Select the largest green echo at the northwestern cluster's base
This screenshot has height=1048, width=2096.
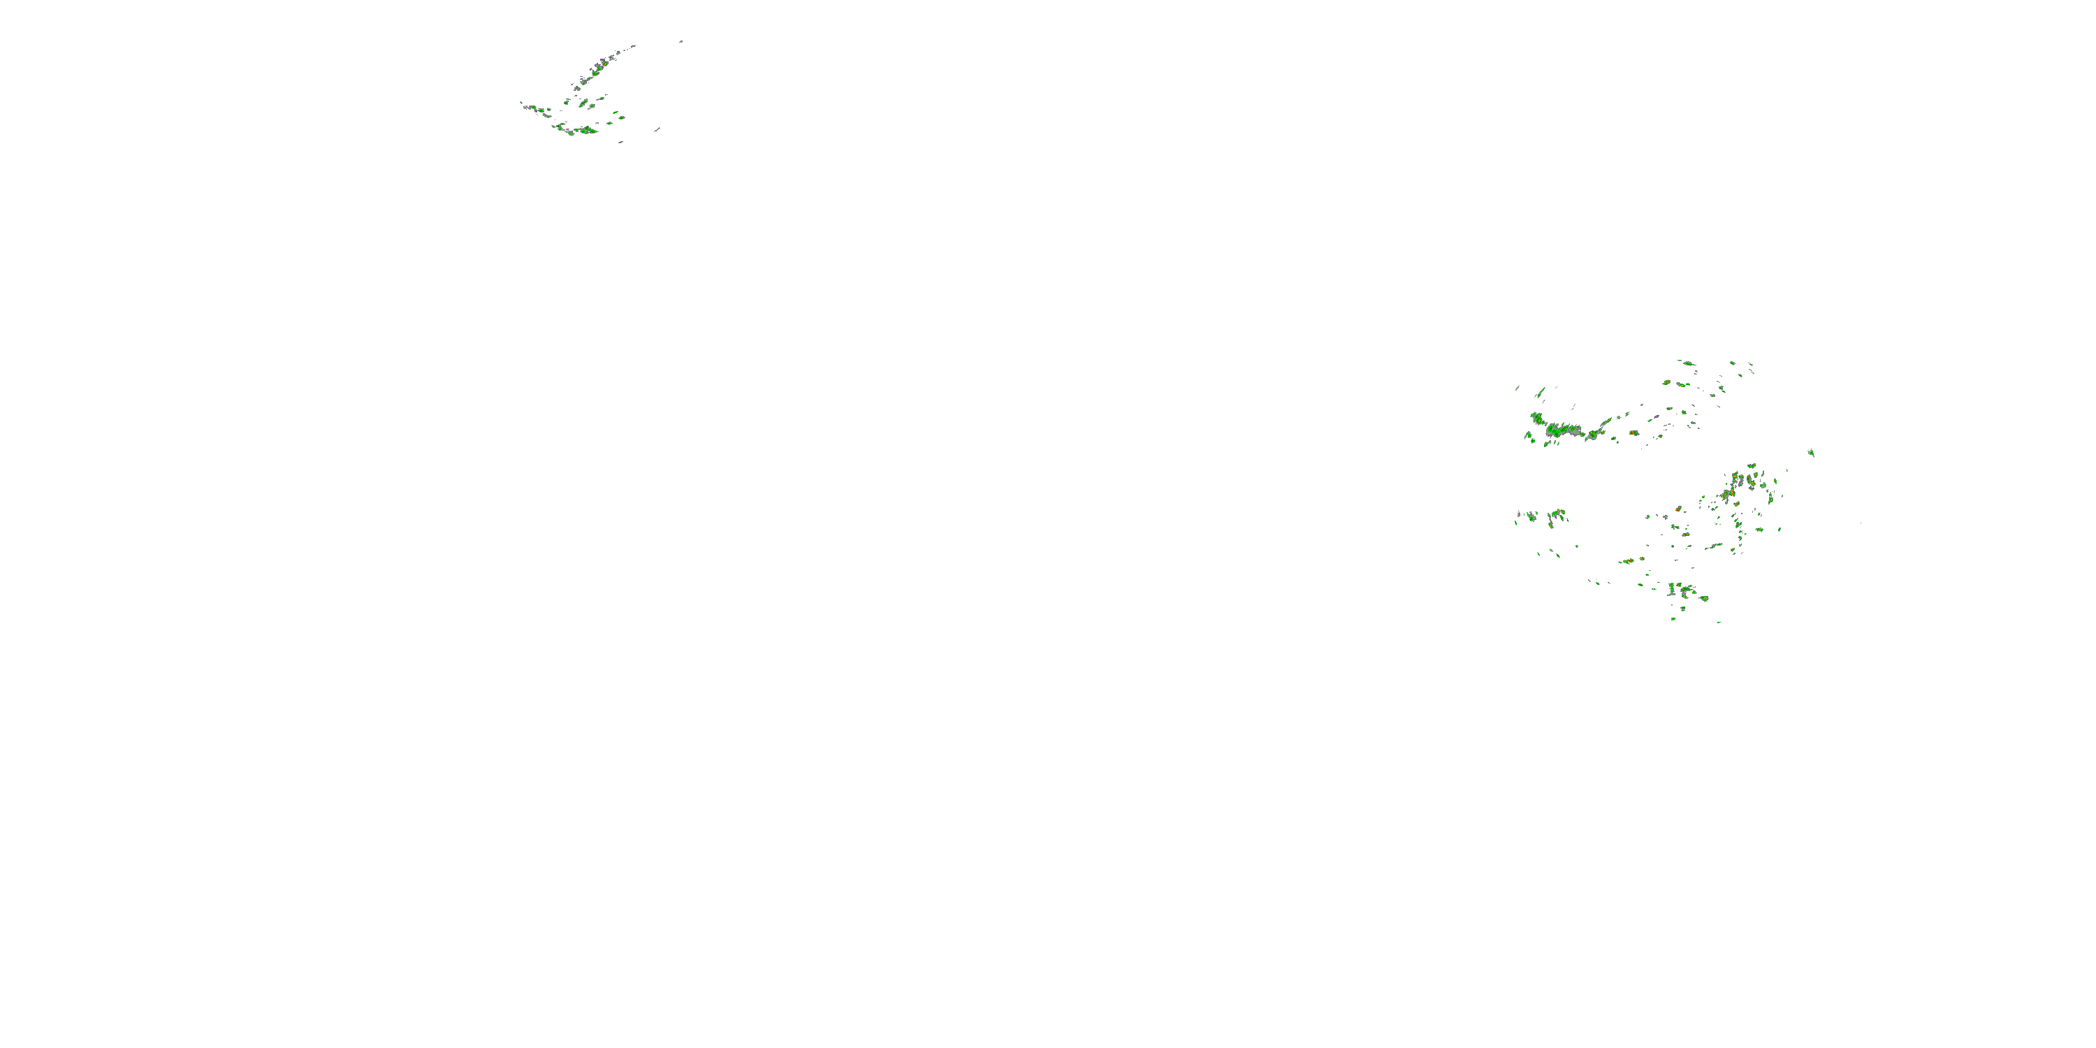tap(588, 129)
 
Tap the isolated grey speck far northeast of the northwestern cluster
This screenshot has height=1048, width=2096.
tap(681, 41)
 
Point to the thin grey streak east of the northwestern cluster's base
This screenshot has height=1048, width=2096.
tap(656, 129)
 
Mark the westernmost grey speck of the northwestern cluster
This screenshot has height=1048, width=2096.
tap(523, 103)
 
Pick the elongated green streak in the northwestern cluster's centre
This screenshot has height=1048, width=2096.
tap(583, 103)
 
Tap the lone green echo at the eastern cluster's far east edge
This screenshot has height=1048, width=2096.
tap(1811, 453)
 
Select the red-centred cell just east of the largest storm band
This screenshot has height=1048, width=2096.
tap(1633, 433)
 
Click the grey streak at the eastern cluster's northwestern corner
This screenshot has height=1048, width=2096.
tap(1518, 387)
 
